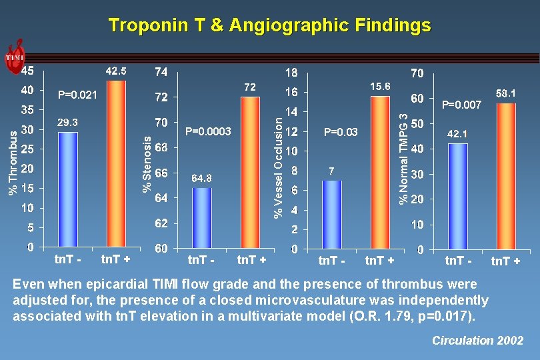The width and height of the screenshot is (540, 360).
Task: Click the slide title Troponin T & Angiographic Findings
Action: click(269, 25)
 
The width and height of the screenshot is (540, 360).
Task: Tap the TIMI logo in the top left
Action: click(15, 57)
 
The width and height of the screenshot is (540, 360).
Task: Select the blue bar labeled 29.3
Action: click(68, 189)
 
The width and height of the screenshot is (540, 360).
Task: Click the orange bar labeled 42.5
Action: click(115, 163)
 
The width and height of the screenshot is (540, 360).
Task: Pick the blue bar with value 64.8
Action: click(202, 217)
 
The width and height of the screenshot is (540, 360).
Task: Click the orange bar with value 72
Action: click(250, 172)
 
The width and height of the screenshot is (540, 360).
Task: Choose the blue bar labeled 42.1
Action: click(457, 196)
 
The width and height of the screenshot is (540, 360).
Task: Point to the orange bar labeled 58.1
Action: click(506, 176)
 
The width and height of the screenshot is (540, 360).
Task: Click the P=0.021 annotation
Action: click(78, 95)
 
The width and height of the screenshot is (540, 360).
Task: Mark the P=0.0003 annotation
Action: click(208, 132)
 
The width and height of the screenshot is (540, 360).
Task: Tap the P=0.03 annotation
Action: click(340, 132)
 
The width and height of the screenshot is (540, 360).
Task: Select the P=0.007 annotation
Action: click(462, 105)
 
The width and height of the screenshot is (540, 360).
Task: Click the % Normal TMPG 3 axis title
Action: click(403, 157)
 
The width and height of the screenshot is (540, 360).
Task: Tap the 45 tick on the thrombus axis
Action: click(27, 70)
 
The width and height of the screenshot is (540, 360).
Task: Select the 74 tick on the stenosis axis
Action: click(161, 71)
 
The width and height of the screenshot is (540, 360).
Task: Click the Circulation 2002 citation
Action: click(477, 341)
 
